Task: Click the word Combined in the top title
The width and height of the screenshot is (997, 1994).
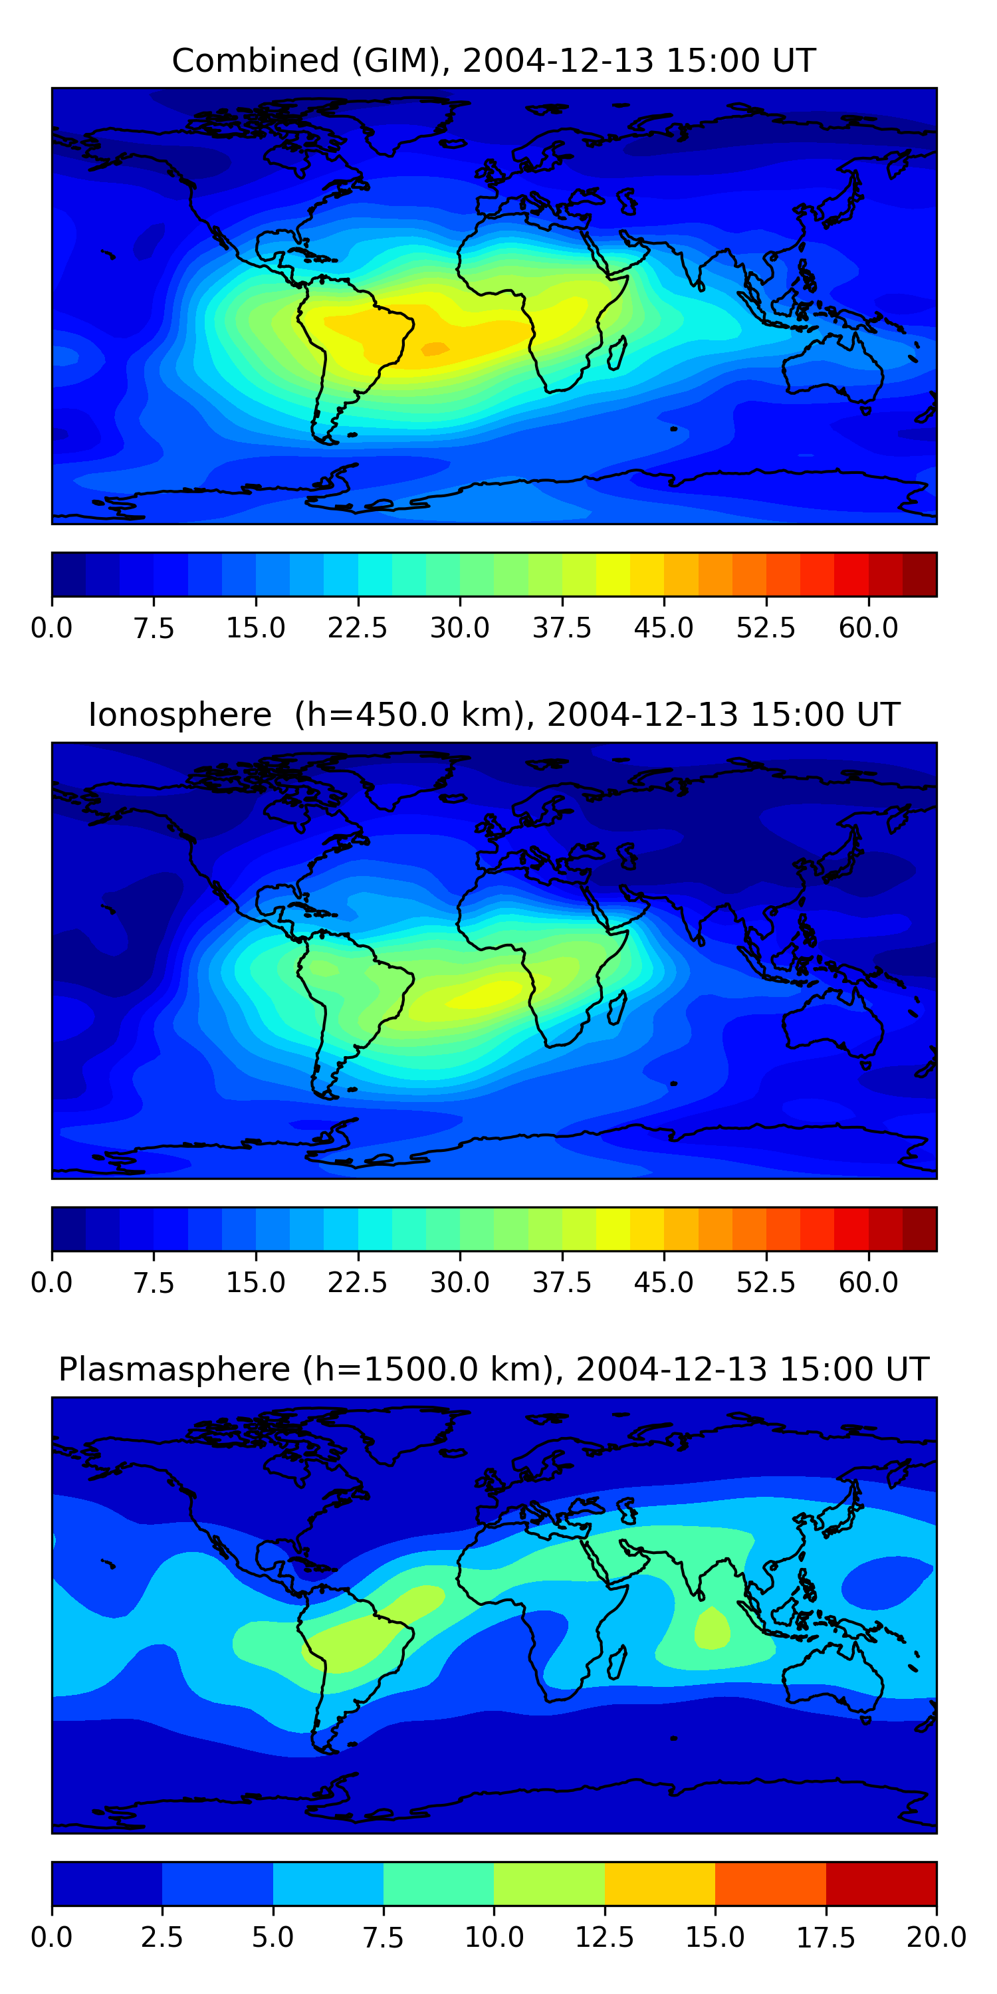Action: [255, 60]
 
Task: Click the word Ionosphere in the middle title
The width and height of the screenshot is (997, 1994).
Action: [179, 715]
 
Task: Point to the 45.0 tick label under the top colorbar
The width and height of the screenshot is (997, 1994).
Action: [663, 627]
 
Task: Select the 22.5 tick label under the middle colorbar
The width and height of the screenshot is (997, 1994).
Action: [357, 1282]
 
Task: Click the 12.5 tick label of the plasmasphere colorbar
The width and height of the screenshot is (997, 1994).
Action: [605, 1937]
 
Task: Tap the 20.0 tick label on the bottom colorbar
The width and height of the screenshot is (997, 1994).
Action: [936, 1937]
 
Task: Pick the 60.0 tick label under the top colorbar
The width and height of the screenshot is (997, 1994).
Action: [868, 627]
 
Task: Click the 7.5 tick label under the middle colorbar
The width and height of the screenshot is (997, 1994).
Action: [154, 1282]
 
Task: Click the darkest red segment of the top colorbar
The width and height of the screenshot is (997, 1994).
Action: [920, 574]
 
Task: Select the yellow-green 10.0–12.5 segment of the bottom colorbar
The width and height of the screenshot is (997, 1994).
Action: [549, 1883]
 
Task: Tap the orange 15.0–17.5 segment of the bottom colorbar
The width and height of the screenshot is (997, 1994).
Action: [770, 1883]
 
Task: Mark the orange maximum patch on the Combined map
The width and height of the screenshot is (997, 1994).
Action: [434, 349]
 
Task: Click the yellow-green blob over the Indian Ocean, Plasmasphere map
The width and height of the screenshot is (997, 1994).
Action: [711, 1628]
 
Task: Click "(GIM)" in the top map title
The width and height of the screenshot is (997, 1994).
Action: [396, 60]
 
